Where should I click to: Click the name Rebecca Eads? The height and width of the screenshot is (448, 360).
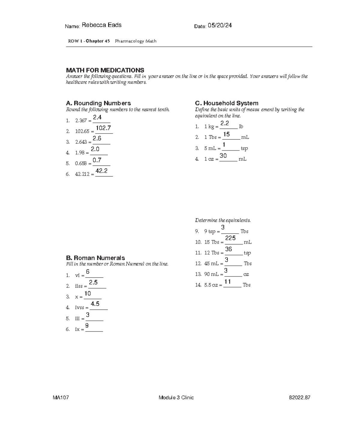101,25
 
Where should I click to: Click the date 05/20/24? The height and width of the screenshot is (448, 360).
220,26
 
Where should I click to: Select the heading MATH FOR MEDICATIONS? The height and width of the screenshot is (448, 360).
105,70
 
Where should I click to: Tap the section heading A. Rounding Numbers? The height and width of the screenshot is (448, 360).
98,103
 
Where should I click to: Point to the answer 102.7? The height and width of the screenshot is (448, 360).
103,128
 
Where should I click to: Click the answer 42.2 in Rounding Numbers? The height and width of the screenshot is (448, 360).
101,171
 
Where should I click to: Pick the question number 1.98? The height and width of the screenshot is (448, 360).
79,153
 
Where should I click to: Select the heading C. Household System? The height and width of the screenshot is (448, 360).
226,103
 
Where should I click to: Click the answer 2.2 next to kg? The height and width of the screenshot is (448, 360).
225,123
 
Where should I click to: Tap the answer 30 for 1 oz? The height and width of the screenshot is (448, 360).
223,155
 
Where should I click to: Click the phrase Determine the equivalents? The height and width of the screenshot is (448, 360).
223,220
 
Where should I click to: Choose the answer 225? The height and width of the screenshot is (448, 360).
230,238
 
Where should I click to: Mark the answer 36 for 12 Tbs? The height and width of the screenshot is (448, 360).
229,249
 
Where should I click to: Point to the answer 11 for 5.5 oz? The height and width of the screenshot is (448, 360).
228,281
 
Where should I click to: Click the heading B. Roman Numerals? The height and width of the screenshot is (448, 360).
95,258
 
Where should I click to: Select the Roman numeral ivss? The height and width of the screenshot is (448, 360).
79,308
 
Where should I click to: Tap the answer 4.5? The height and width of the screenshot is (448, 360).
95,304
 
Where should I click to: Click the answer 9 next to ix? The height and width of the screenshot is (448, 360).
87,326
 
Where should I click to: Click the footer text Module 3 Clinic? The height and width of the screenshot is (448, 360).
176,398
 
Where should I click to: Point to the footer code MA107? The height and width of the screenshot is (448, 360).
61,398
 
